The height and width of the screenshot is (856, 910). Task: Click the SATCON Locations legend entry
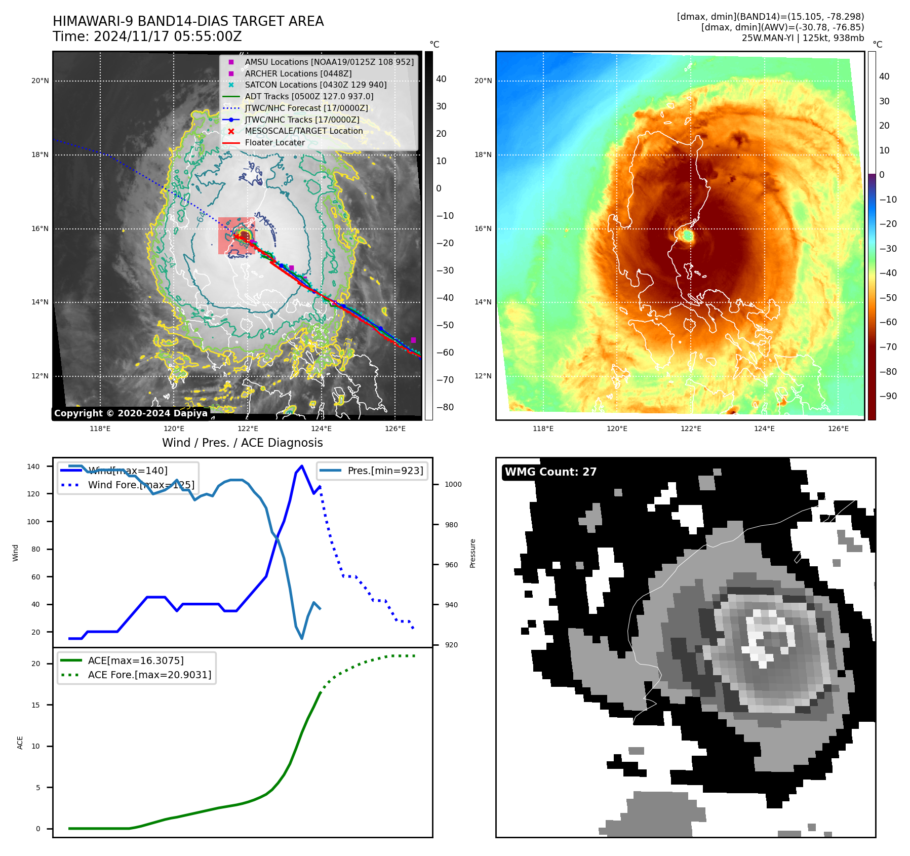pos(315,85)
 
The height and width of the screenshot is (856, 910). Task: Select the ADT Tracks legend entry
pos(309,97)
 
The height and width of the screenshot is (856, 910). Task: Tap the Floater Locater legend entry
pos(274,143)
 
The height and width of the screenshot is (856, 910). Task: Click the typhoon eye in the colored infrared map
pos(687,236)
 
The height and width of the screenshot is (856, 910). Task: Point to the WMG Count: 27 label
pos(550,472)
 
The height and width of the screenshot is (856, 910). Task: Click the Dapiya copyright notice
pos(131,413)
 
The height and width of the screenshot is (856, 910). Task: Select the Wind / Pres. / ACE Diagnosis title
pos(242,443)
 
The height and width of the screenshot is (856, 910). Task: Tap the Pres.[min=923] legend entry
pos(385,471)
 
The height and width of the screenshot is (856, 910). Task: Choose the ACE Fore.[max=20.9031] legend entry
pos(149,675)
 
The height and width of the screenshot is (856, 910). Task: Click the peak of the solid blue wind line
pos(302,466)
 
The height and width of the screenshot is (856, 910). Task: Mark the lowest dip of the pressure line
pos(302,638)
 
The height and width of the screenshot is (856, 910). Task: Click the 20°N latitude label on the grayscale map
pos(40,81)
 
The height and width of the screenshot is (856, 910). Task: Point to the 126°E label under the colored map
pos(838,429)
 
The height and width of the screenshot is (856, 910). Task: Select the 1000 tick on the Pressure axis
pos(453,485)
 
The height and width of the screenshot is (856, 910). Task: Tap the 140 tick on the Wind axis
pos(33,466)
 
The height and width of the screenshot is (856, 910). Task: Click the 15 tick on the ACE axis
pos(35,705)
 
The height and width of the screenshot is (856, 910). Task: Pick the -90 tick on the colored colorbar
pos(888,396)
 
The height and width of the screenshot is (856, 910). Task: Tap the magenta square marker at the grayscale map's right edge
pos(413,340)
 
